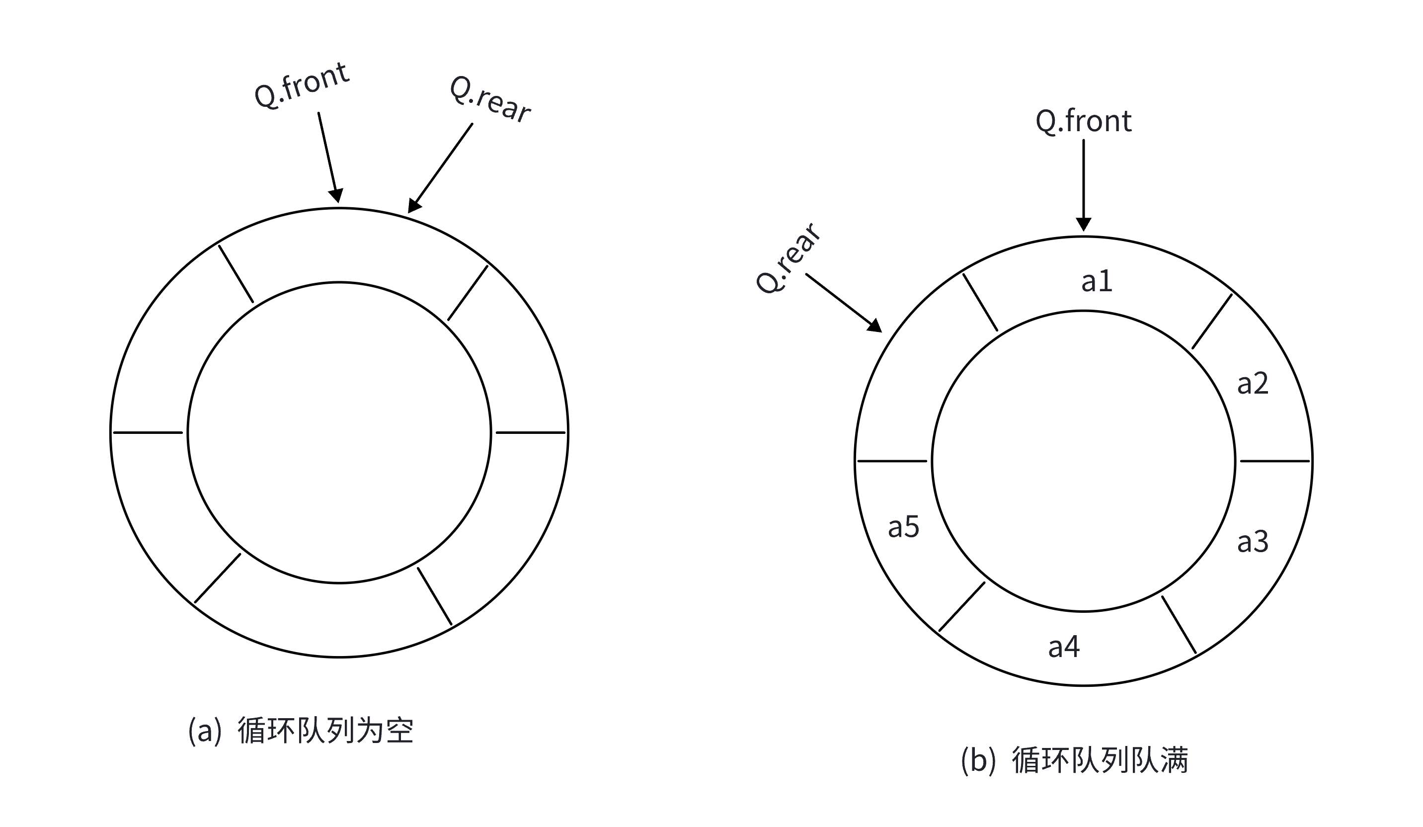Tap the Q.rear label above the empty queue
489,99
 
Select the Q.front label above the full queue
1083,121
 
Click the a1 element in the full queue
1097,281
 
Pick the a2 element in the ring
1253,384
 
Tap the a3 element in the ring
1253,541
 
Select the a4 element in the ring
1064,646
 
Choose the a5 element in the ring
903,526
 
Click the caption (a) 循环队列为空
301,731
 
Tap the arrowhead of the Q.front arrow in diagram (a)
336,195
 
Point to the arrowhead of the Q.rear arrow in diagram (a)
414,206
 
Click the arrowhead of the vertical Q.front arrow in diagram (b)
1083,224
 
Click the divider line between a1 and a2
1212,322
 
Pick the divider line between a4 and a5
961,607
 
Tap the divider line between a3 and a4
1179,624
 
